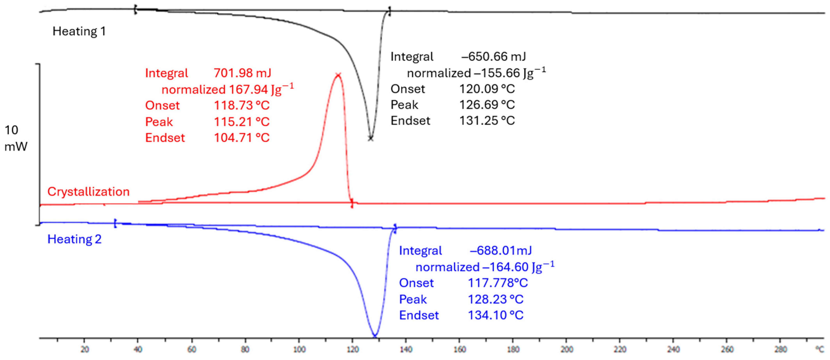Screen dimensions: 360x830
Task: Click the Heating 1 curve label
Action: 79,31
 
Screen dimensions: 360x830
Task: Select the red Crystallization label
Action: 88,192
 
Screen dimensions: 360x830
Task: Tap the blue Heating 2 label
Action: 74,239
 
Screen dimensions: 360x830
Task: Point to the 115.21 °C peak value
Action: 242,122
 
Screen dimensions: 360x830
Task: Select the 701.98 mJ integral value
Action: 242,73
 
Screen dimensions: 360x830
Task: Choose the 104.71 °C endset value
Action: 242,138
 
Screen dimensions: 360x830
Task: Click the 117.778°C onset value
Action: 497,283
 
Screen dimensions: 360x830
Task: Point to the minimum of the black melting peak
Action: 371,139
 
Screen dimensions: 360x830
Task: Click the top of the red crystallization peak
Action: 338,75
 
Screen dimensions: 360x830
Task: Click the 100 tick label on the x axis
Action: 299,350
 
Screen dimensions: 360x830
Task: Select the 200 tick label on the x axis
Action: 566,350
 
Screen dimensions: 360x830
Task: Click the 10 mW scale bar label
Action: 15,138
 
